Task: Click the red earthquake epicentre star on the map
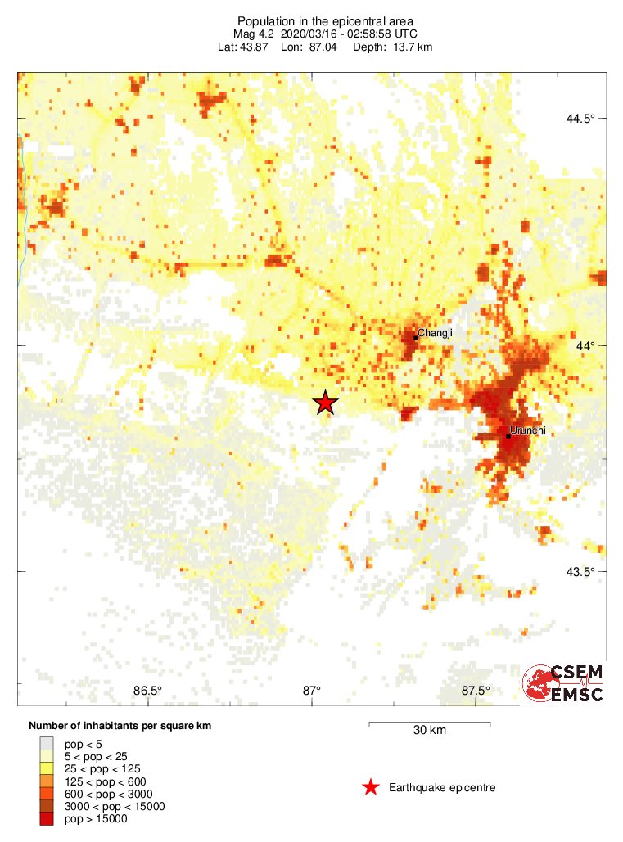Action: (x=326, y=403)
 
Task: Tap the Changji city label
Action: (x=435, y=333)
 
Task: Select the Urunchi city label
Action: (x=527, y=430)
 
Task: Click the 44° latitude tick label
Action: (x=584, y=345)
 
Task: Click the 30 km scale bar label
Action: (x=429, y=730)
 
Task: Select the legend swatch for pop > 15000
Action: (x=47, y=819)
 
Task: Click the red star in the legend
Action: (x=371, y=787)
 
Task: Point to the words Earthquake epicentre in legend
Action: (x=442, y=787)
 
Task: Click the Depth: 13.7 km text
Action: (x=392, y=47)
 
